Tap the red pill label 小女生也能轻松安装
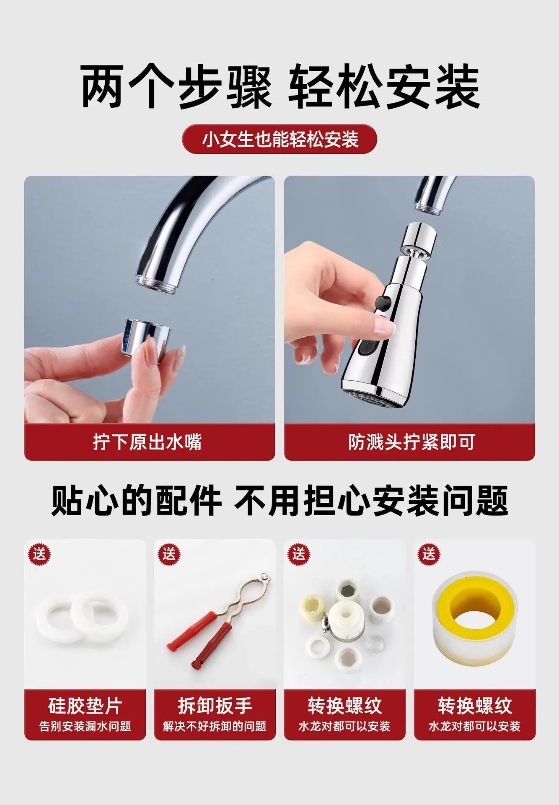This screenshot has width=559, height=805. point(279,139)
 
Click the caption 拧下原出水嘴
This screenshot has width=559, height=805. point(148,442)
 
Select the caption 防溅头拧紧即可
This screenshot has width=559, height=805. point(411,442)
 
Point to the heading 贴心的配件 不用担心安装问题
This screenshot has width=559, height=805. point(279,501)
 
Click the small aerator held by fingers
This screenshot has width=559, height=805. point(148,336)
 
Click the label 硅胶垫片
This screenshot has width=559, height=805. point(85,706)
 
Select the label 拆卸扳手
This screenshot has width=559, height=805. point(215,706)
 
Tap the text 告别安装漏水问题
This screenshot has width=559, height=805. point(85,726)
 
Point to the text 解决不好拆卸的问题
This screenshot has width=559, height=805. point(215,726)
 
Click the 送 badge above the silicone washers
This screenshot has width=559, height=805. point(39,554)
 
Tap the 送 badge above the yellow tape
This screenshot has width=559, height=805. point(429,554)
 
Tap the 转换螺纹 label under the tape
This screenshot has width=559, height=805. point(475,706)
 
